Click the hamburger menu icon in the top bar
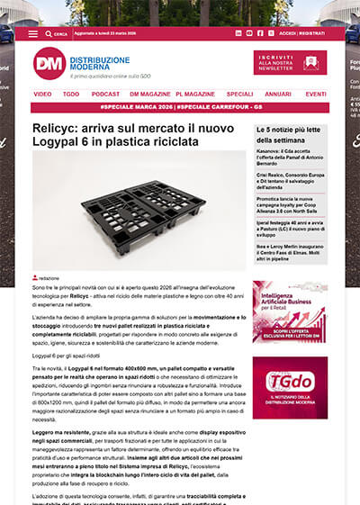point(33,32)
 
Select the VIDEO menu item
point(42,94)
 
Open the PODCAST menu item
point(105,94)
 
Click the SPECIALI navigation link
point(239,94)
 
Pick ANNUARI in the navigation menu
point(278,94)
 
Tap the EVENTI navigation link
point(315,94)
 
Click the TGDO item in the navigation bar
point(71,94)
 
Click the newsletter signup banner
point(290,61)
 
